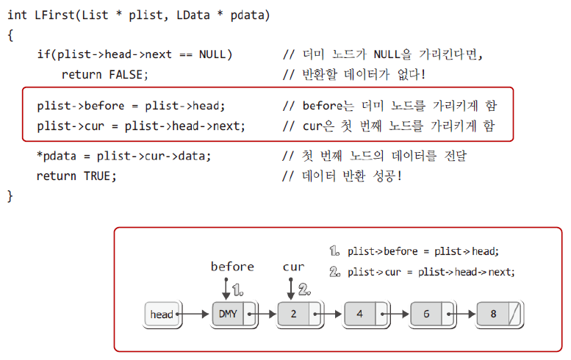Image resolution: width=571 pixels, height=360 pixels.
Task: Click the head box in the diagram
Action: click(x=162, y=314)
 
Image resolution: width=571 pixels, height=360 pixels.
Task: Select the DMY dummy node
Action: click(x=228, y=314)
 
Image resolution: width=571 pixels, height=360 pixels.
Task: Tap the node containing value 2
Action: click(x=294, y=314)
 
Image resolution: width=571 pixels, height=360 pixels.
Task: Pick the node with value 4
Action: click(x=360, y=314)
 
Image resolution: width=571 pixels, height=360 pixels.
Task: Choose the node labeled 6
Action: click(x=426, y=314)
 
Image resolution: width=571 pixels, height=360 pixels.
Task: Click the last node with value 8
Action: click(x=493, y=314)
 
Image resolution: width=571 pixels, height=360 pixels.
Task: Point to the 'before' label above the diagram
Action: click(x=232, y=267)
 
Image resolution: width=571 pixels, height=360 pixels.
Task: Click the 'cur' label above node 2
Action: click(x=293, y=267)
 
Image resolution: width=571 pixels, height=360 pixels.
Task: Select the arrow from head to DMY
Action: click(x=194, y=314)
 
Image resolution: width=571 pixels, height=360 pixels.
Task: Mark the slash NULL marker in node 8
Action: click(x=514, y=314)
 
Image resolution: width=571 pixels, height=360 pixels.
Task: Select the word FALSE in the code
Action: click(x=129, y=74)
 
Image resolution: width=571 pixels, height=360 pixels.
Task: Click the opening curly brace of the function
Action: click(x=10, y=35)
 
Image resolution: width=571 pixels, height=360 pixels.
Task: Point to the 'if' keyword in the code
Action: click(x=43, y=54)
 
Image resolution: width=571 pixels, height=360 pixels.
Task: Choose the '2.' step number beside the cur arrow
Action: click(x=304, y=289)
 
